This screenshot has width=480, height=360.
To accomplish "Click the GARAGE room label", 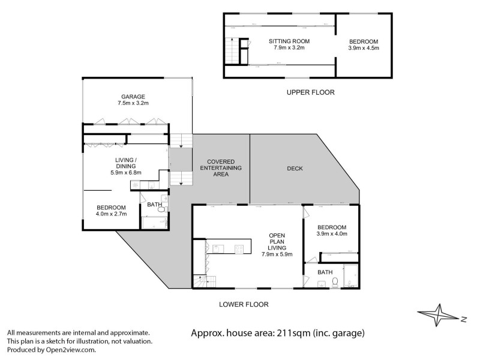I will pyautogui.click(x=133, y=96).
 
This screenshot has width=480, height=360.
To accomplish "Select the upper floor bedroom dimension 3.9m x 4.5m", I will pyautogui.click(x=364, y=48).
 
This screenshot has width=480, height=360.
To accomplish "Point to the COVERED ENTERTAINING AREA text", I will pyautogui.click(x=221, y=168).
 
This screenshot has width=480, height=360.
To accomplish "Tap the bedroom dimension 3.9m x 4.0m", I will pyautogui.click(x=332, y=234).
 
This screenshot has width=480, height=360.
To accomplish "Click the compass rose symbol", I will pyautogui.click(x=440, y=316).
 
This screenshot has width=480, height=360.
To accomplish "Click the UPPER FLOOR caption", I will pyautogui.click(x=310, y=92).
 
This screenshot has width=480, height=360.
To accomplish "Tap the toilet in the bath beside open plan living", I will pyautogui.click(x=336, y=281).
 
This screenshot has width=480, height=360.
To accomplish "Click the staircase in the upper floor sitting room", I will pyautogui.click(x=230, y=47).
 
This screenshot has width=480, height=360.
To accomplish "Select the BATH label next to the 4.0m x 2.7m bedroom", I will pyautogui.click(x=154, y=205).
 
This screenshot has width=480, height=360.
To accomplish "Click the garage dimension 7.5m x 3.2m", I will pyautogui.click(x=133, y=103).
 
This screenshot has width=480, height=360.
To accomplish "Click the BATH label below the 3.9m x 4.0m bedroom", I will pyautogui.click(x=325, y=272).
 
